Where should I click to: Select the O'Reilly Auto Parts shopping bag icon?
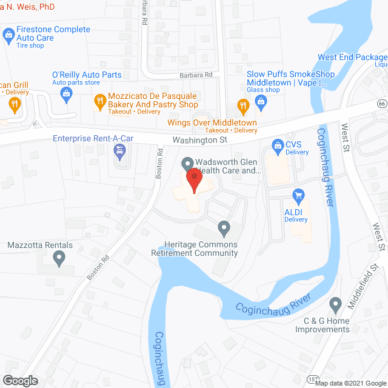tap(66, 93)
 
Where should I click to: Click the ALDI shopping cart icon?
tap(298, 195)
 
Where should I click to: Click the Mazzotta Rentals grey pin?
tap(59, 259)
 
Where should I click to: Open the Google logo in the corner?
tap(20, 381)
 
